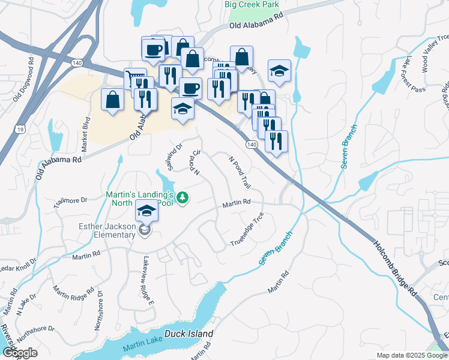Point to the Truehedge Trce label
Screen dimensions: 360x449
coord(247,230)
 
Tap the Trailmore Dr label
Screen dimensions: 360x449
coord(70,202)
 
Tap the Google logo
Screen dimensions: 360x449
coord(20,353)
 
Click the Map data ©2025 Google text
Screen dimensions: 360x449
coord(411,355)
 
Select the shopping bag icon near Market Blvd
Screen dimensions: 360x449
coord(113,99)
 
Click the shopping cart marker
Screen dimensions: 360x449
coord(132,78)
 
